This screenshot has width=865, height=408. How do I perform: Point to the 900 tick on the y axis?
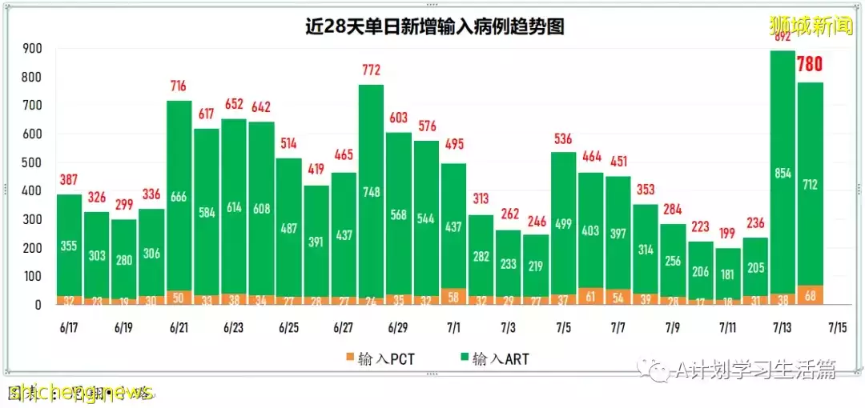click(32, 49)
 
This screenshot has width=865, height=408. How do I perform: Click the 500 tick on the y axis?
click(32, 162)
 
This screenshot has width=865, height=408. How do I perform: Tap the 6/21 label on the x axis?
click(179, 328)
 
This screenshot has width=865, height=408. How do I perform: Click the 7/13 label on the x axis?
click(783, 328)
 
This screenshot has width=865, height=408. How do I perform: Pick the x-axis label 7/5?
click(562, 328)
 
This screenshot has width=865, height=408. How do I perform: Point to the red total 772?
click(371, 71)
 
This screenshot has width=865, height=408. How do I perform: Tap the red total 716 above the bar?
click(179, 86)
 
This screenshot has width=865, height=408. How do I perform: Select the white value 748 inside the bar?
click(371, 191)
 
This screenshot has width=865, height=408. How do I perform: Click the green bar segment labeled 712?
click(810, 184)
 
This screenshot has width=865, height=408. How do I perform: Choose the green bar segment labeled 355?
click(69, 246)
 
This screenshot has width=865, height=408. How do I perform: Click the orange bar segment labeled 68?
click(810, 295)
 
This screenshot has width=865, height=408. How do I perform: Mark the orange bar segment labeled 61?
click(590, 296)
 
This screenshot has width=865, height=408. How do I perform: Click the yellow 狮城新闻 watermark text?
click(810, 26)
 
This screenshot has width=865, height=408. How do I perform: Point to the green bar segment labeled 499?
click(562, 224)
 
